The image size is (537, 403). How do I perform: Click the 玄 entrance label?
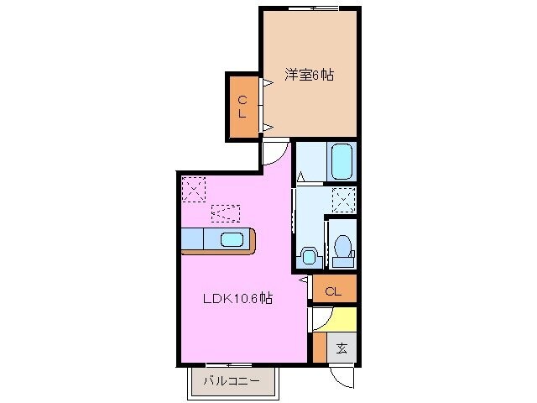341,348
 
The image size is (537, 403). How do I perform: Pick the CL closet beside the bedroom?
242,107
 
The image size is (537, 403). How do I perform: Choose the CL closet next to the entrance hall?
333,292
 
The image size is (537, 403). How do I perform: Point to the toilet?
342,249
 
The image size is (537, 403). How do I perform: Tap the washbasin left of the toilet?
307,255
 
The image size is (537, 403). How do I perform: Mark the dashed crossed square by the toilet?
342,199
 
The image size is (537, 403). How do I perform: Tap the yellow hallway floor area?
343,320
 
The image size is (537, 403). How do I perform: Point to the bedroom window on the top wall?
313,8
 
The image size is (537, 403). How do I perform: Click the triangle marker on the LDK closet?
304,281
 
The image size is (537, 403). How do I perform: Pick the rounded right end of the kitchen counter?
253,241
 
